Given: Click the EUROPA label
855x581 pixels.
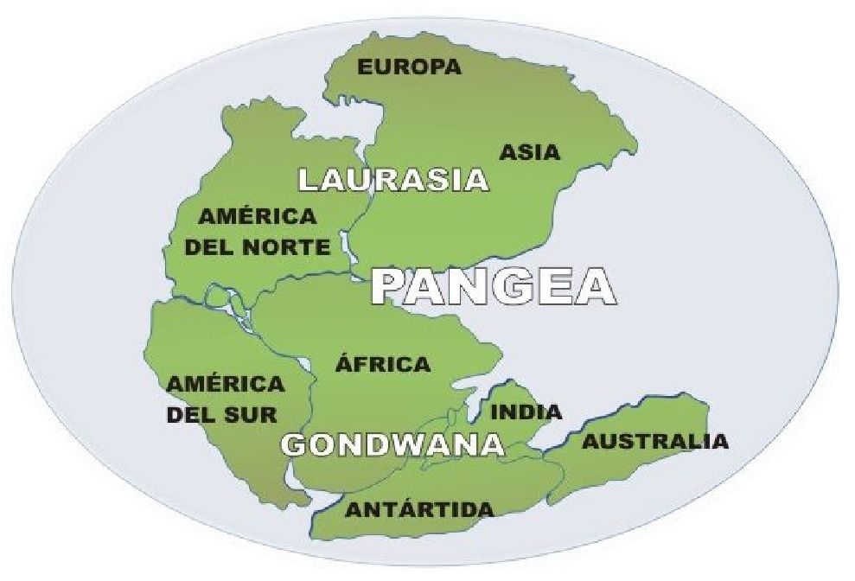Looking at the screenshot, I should pos(410,67).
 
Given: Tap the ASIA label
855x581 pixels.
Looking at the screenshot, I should pos(530,153).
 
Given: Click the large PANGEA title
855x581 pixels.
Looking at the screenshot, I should pos(493,286).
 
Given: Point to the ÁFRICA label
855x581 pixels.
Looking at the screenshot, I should pos(382,363).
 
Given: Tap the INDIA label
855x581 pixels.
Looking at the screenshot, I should pos(526,412).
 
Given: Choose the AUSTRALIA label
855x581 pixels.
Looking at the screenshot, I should pos(654,442).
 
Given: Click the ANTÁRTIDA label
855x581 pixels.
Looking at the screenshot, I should pos(420,509).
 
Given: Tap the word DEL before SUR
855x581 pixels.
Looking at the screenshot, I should pos(192,414).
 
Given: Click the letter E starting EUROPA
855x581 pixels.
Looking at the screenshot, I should pos(366,67).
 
